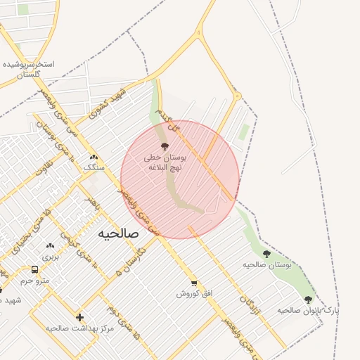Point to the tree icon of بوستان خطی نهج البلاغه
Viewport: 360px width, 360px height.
(x=165, y=146)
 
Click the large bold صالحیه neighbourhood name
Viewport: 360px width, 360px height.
(x=118, y=233)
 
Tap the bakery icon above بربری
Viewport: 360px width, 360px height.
(x=50, y=245)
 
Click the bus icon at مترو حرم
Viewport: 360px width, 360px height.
(x=35, y=269)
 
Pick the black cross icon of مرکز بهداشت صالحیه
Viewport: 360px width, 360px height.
(x=79, y=317)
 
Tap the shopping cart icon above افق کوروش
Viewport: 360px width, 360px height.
(x=193, y=283)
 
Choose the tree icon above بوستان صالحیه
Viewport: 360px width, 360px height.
(x=266, y=254)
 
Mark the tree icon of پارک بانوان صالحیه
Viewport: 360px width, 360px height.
(x=308, y=300)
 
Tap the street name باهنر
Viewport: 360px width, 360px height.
(x=91, y=205)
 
